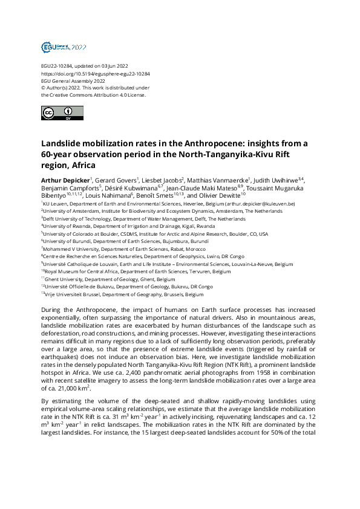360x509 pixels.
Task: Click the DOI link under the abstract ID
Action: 95,73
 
